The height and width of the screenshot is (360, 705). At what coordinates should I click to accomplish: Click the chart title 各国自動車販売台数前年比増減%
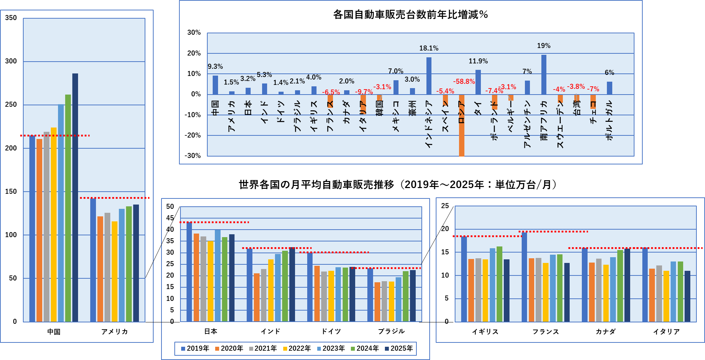coord(410,15)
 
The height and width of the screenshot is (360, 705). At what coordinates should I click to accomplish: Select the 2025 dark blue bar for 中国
coord(75,197)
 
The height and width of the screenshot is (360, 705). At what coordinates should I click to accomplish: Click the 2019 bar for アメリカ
coord(93,260)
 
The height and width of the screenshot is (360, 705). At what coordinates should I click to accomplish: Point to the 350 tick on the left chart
coord(11,18)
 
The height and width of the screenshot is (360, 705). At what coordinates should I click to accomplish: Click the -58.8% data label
coord(464,82)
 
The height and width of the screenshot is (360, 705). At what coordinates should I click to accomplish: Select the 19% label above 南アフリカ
coord(544,46)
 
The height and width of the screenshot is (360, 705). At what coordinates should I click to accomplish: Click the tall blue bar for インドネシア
coord(429,76)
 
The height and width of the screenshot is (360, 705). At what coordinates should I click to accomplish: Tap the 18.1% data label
coord(429,48)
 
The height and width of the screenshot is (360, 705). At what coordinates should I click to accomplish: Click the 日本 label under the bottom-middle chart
coord(211,332)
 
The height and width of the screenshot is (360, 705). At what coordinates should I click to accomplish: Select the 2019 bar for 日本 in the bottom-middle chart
coord(189,272)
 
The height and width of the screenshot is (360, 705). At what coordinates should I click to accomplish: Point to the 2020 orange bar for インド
coord(257,297)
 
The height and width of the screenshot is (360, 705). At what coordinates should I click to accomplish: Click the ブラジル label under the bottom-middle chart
coord(391,332)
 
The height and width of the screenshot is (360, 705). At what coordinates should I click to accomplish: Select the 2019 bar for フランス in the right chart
coord(524,277)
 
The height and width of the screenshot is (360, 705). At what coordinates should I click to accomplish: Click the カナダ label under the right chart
coord(605,332)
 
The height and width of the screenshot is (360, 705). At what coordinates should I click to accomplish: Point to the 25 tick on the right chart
coord(445,206)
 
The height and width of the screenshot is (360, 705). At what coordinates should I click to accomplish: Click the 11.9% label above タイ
coord(478,61)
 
